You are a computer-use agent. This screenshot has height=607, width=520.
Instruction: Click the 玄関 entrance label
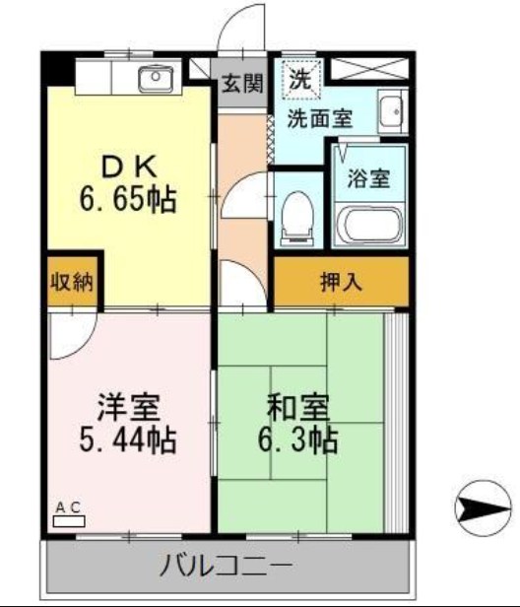241,84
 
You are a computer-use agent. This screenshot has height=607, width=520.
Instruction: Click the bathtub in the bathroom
368,226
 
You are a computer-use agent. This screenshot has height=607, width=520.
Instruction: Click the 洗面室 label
319,119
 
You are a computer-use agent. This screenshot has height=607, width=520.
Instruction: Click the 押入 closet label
341,281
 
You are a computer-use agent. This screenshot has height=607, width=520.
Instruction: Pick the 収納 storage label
71,281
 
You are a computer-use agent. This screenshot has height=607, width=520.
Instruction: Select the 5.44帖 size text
128,440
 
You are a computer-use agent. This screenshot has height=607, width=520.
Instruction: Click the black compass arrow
485,508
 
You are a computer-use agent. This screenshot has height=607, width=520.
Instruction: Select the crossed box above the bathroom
367,69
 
